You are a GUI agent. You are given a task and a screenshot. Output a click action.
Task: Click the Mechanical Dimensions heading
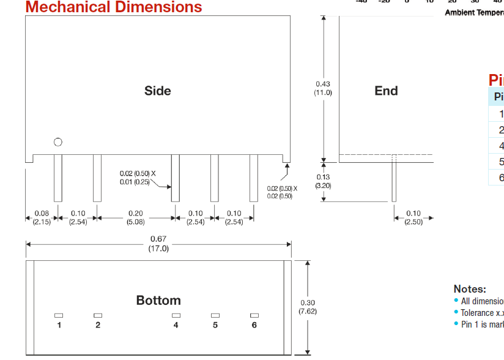[114, 7]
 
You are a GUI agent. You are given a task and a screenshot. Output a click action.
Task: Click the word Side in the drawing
[158, 91]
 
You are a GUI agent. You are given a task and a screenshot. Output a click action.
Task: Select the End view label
[386, 91]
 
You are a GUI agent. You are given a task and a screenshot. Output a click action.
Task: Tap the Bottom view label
[158, 300]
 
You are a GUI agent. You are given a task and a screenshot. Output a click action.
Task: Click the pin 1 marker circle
[58, 142]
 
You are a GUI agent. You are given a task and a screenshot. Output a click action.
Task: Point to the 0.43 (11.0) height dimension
[323, 88]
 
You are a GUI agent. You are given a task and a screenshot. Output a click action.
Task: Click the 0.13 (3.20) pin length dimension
[323, 181]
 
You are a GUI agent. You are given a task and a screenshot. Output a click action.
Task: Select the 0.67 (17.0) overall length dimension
[158, 244]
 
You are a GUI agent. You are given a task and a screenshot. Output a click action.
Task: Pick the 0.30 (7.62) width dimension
[307, 307]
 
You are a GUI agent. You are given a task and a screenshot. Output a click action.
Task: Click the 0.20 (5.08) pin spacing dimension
[136, 217]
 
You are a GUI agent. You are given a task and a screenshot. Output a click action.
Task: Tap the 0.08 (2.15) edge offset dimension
[42, 217]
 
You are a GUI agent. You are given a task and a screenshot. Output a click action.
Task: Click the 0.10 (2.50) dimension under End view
[413, 217]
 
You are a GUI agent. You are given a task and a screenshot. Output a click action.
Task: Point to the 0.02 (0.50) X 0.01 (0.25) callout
[138, 178]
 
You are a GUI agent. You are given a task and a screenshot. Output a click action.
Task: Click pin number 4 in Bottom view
[176, 325]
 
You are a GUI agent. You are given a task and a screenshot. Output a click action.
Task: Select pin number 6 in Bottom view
[254, 325]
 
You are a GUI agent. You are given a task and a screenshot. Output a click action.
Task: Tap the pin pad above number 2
[98, 315]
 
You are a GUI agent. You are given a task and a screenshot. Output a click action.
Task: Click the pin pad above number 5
[215, 315]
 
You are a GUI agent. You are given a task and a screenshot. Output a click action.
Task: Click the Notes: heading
[470, 289]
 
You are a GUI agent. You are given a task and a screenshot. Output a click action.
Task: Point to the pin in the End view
[394, 181]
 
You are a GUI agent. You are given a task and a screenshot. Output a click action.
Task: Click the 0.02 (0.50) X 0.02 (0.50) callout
[281, 192]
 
